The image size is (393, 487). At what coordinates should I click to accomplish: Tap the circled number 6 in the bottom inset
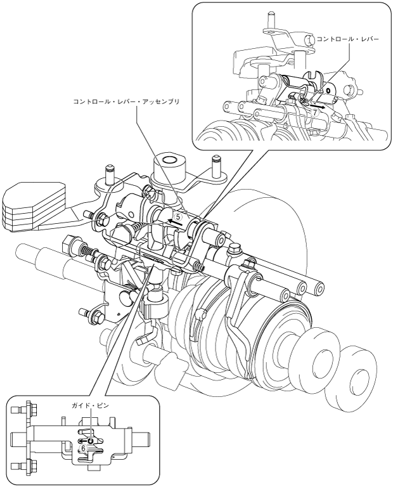pyautogui.click(x=84, y=447)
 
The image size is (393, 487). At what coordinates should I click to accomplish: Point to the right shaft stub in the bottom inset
pyautogui.click(x=141, y=438)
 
